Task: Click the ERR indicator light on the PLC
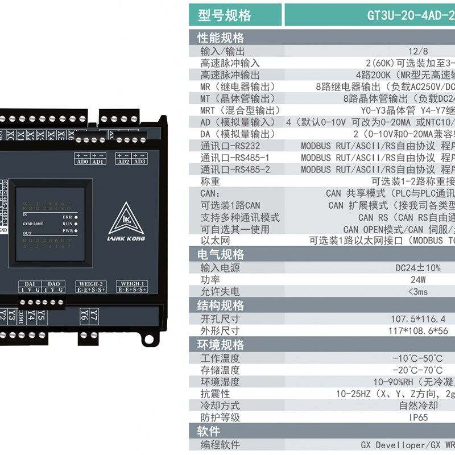coord(75,217)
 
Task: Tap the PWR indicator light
coord(75,231)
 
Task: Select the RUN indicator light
coord(75,224)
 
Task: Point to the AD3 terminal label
coord(139,162)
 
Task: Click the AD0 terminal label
coord(81,162)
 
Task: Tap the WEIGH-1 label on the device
coord(132,283)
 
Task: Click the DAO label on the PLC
coord(53,283)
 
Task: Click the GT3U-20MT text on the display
coord(35,224)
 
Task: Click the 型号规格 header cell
coord(224,15)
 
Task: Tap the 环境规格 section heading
coord(221,345)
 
